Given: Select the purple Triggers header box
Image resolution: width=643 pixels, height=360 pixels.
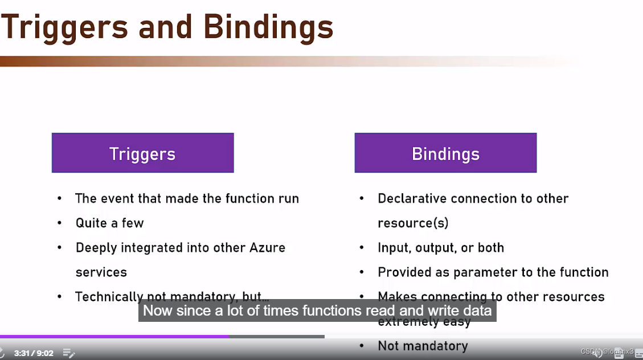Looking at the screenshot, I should (x=142, y=153).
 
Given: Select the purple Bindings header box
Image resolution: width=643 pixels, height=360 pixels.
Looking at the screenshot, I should (x=445, y=153).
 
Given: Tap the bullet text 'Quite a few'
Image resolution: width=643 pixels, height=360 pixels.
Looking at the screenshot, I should (x=109, y=223).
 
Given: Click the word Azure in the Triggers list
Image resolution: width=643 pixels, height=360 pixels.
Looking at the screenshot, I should (x=267, y=248).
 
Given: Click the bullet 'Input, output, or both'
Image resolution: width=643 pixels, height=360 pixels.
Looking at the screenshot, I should (x=441, y=248).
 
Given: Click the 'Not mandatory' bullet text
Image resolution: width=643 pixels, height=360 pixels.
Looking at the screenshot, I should (x=423, y=346).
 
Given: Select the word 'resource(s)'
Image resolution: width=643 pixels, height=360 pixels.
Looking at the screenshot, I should (x=413, y=223).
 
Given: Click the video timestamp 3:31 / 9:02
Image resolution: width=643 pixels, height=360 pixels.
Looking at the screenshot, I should (x=34, y=353).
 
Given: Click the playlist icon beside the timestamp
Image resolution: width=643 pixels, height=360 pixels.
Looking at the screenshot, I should (x=68, y=353).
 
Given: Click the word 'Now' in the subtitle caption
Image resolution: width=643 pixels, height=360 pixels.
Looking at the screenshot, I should (x=155, y=311).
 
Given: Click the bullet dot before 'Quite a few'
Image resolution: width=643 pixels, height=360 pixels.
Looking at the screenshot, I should (x=60, y=223).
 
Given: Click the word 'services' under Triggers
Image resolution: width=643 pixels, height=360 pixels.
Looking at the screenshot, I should (x=101, y=272).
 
